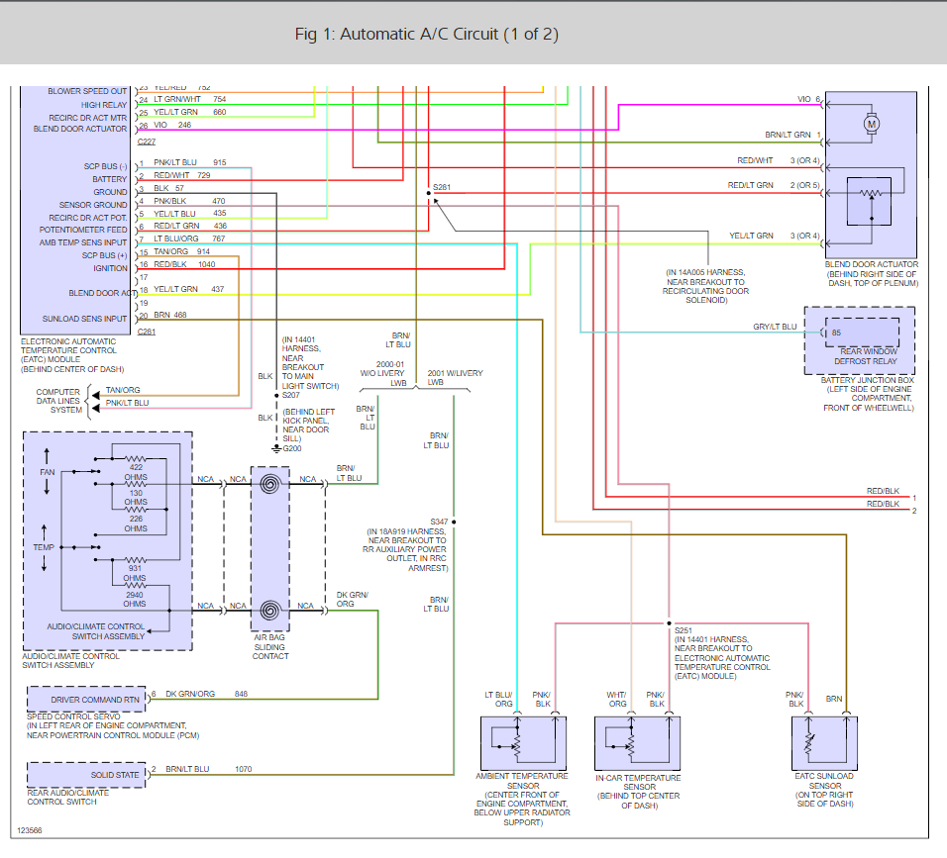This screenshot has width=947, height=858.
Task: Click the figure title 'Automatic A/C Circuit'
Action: click(427, 35)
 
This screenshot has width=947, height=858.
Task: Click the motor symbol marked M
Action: click(872, 124)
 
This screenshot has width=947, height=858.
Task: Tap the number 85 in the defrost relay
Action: click(836, 333)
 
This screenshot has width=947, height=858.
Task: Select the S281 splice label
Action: click(442, 188)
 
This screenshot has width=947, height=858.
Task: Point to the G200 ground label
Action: click(292, 449)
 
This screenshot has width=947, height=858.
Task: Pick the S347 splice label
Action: click(439, 521)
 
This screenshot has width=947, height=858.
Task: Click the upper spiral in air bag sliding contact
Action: click(269, 485)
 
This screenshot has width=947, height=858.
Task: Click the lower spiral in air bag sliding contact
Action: click(269, 611)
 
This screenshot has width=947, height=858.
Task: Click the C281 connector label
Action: click(147, 332)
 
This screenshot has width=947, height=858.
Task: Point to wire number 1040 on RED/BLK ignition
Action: click(206, 264)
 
